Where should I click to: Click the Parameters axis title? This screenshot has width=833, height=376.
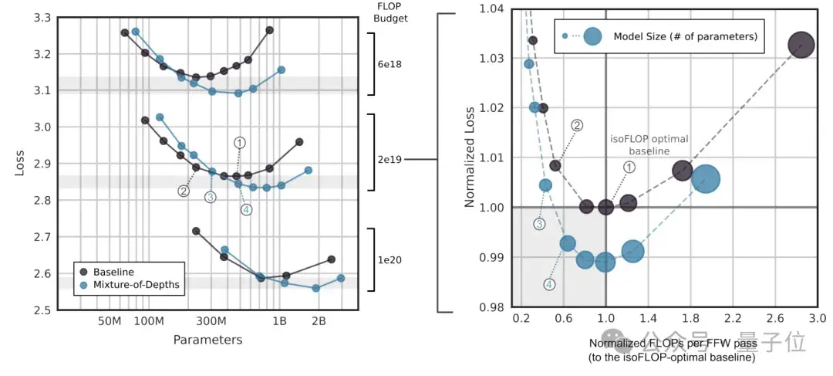pyautogui.click(x=207, y=340)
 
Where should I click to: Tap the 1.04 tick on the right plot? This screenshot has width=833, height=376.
pyautogui.click(x=493, y=8)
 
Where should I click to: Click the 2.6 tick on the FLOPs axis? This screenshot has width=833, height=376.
pyautogui.click(x=775, y=318)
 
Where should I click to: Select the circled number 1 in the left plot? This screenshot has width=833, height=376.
pyautogui.click(x=240, y=142)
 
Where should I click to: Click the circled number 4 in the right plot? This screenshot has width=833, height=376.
pyautogui.click(x=549, y=284)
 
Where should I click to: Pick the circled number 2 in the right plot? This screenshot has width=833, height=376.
pyautogui.click(x=576, y=125)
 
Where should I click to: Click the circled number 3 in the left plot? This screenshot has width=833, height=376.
pyautogui.click(x=211, y=197)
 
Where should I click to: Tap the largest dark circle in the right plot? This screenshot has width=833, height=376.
pyautogui.click(x=801, y=46)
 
